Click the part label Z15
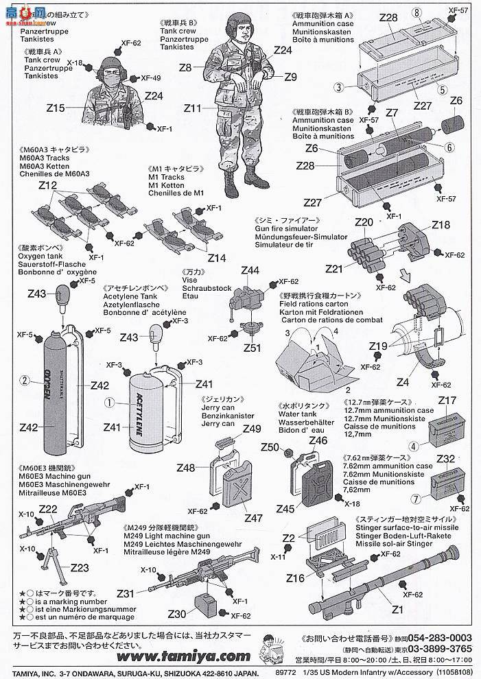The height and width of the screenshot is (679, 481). tap(56, 108)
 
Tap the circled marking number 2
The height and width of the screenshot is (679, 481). tap(25, 379)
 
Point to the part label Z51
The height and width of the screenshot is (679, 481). tap(252, 348)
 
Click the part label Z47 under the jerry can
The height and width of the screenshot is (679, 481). tap(253, 519)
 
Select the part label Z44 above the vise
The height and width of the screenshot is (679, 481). tap(250, 270)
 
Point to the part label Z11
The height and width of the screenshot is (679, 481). tap(193, 108)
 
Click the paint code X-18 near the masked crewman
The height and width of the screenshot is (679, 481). tap(75, 63)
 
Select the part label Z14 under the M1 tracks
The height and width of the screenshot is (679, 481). tap(217, 258)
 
